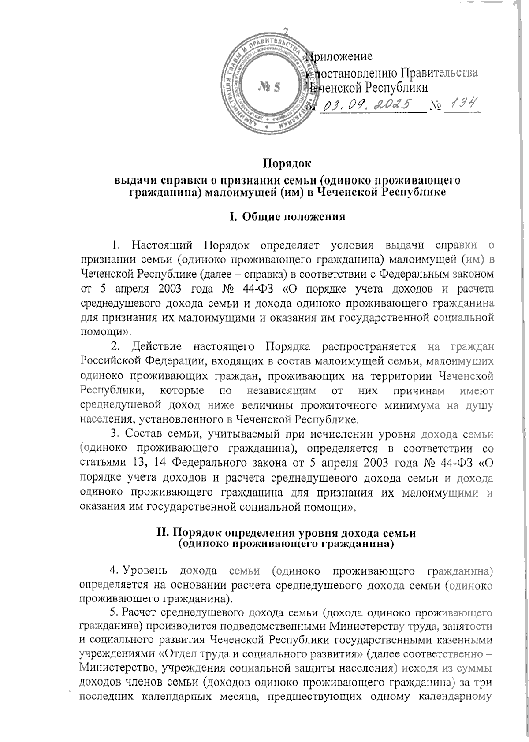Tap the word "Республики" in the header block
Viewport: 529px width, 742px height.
[x=395, y=88]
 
